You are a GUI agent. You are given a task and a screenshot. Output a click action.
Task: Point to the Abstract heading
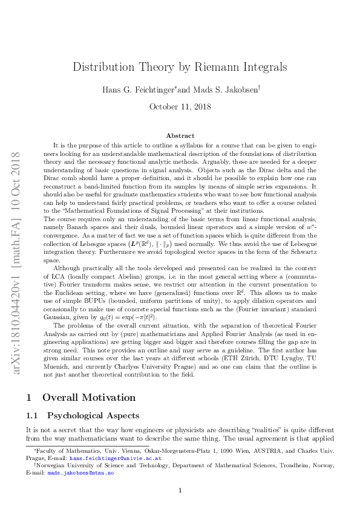coord(180,136)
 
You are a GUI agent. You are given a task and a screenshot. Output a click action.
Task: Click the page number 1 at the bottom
coord(180,490)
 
